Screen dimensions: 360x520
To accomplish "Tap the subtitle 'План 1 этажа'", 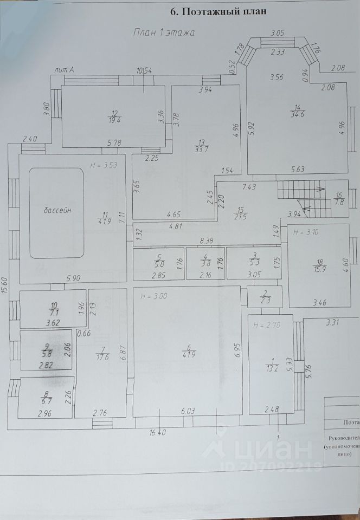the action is (x=164, y=32).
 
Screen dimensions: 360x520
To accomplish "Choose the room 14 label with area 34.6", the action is (x=297, y=112).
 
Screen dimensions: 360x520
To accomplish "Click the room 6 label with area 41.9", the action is (x=188, y=352).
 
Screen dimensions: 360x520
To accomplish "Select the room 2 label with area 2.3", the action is (x=265, y=297).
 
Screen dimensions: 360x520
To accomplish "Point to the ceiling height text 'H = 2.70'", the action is (x=265, y=325).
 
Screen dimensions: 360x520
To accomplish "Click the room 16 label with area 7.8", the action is (x=340, y=199).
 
